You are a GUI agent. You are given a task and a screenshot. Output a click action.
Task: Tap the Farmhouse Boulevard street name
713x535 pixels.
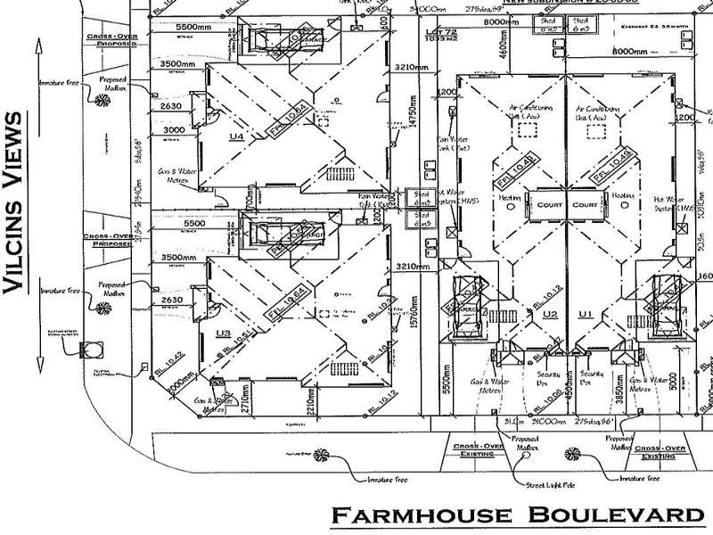[518, 515]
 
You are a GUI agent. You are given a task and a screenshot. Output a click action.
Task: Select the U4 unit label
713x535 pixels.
[236, 136]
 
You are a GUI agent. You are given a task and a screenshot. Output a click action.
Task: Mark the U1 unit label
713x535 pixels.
[586, 315]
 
